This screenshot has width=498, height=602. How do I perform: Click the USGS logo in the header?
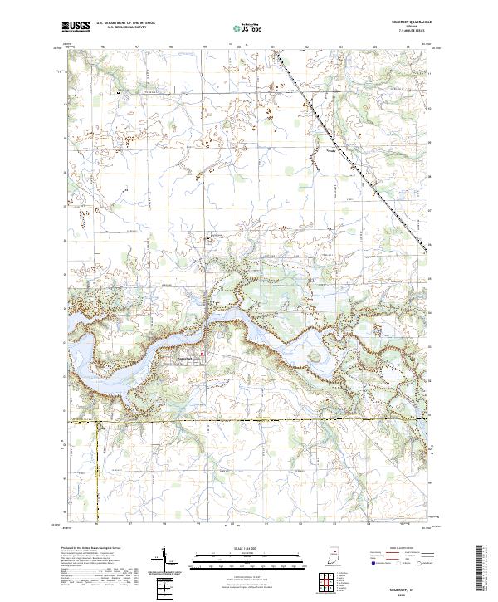76,27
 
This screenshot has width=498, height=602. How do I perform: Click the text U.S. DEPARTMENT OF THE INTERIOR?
125,23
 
